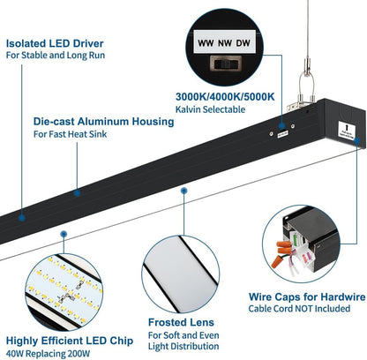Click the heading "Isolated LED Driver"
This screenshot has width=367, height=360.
pyautogui.click(x=55, y=43)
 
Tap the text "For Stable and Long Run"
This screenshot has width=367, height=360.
pyautogui.click(x=56, y=56)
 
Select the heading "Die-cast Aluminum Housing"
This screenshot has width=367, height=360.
pyautogui.click(x=103, y=121)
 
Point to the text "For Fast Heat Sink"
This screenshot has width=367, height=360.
pyautogui.click(x=70, y=134)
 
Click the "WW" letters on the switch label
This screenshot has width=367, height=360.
pyautogui.click(x=206, y=43)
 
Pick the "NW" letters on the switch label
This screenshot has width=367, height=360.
pyautogui.click(x=225, y=43)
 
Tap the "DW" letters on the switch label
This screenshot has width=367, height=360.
pyautogui.click(x=243, y=43)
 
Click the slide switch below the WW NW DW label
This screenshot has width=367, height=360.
pyautogui.click(x=226, y=64)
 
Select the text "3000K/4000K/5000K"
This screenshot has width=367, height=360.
pyautogui.click(x=225, y=96)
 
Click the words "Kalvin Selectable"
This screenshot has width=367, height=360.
pyautogui.click(x=210, y=109)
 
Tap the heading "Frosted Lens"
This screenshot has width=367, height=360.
pyautogui.click(x=181, y=322)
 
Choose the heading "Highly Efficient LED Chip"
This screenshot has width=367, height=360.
pyautogui.click(x=70, y=341)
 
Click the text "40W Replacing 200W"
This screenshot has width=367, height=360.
pyautogui.click(x=48, y=354)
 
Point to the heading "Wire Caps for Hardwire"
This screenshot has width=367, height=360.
pyautogui.click(x=307, y=296)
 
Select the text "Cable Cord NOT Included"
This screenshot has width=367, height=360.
pyautogui.click(x=299, y=309)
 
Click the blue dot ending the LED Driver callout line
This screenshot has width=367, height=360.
pyautogui.click(x=22, y=218)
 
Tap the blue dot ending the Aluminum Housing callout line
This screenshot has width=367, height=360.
pyautogui.click(x=77, y=193)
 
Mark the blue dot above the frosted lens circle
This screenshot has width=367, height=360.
pyautogui.click(x=184, y=191)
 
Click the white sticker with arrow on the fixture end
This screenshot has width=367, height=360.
pyautogui.click(x=347, y=130)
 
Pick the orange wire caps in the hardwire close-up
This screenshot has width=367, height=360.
pyautogui.click(x=282, y=252)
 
